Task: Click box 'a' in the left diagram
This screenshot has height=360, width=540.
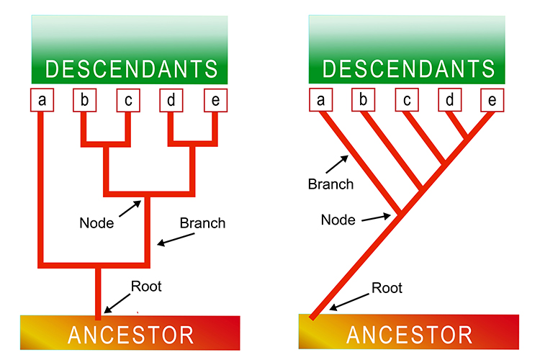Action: pos(42,101)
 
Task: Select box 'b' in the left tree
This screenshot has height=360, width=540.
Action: pos(85,101)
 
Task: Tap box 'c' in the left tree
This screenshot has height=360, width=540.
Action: pos(128,101)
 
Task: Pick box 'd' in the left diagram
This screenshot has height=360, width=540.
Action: pos(171,101)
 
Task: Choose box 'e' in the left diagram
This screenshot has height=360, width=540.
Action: pos(215,101)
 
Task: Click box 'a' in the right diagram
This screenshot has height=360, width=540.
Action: pos(320,101)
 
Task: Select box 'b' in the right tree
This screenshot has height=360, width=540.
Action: pos(364,101)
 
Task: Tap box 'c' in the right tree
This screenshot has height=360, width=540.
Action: pos(407,101)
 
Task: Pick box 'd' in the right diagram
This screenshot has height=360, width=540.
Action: pos(450,101)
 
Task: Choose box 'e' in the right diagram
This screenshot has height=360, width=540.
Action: pos(492,101)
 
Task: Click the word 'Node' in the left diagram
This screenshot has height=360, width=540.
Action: pos(96,223)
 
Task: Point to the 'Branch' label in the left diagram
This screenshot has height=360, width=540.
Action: pos(202,223)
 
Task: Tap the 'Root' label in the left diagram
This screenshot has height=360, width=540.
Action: pos(146,287)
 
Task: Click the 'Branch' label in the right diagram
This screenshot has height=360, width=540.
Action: pos(330,184)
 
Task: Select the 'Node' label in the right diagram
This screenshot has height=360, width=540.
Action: pos(338,220)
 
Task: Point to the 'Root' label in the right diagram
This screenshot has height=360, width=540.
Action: pos(387,288)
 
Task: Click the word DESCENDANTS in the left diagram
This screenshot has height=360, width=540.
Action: pos(131,69)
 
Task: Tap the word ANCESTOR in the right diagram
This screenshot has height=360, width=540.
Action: pos(409,335)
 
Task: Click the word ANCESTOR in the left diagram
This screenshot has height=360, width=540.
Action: pos(131,335)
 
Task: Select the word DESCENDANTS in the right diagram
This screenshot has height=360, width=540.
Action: pos(409,69)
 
